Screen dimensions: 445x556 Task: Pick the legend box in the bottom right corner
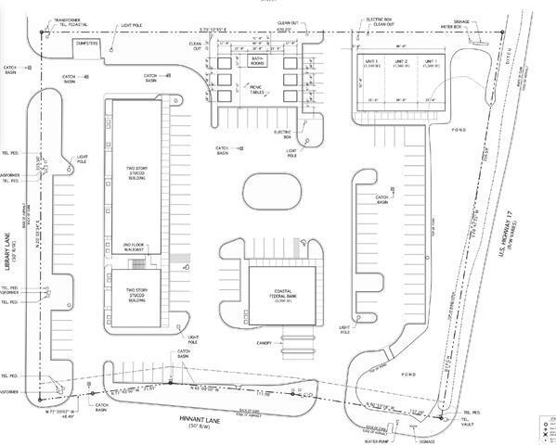pyautogui.click(x=545, y=430)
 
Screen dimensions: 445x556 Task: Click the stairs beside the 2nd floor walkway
pyautogui.click(x=136, y=263)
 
